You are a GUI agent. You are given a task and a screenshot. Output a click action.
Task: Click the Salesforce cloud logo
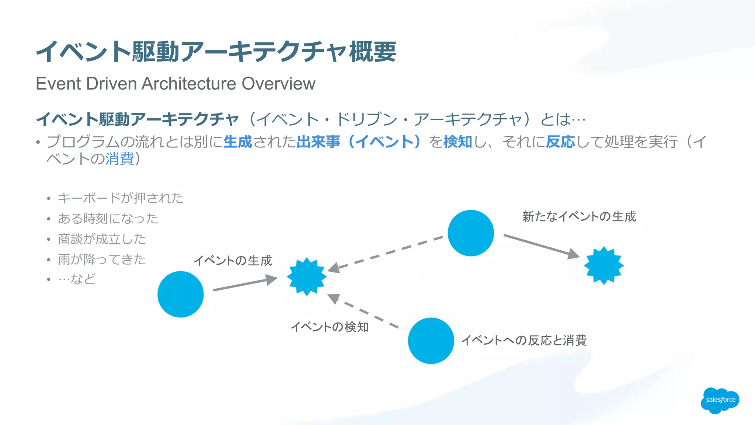720,400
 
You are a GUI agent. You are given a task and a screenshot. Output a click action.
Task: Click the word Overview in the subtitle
278,84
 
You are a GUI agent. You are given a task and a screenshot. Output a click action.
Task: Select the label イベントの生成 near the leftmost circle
233,261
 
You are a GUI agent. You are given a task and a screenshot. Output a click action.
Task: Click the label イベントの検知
329,327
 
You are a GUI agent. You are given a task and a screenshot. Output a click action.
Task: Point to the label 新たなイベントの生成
579,216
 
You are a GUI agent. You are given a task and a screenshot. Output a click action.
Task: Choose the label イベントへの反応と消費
524,340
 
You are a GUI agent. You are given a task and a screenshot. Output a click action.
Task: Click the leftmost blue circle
180,294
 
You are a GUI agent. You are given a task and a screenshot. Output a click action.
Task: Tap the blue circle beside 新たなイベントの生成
470,233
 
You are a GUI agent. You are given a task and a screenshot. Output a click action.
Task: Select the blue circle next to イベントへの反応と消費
431,341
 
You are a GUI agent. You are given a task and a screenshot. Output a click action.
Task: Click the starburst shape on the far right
603,265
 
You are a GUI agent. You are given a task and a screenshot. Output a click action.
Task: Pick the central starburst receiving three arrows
306,276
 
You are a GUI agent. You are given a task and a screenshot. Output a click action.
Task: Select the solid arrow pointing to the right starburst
540,245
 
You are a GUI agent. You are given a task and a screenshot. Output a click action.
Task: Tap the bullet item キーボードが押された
120,198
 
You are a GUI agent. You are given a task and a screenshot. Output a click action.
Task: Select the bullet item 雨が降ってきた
102,259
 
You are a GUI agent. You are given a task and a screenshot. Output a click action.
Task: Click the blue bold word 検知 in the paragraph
457,142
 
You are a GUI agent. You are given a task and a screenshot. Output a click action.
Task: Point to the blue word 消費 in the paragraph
119,159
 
